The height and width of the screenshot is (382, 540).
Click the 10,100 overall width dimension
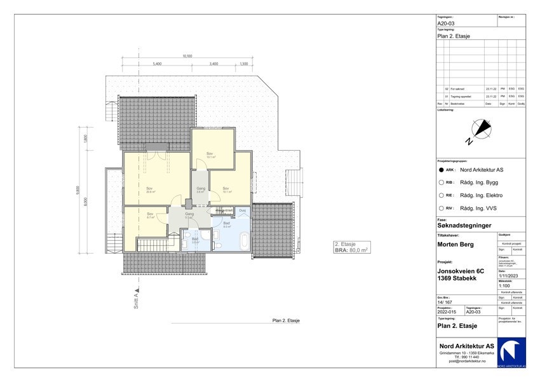(x=187, y=57)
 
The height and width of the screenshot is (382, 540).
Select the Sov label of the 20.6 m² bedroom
(x=150, y=188)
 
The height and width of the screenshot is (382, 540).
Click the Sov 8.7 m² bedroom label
(x=150, y=214)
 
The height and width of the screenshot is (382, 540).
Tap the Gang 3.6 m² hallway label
(x=199, y=189)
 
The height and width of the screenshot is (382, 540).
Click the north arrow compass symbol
(x=480, y=130)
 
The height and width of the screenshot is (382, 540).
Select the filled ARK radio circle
(x=441, y=170)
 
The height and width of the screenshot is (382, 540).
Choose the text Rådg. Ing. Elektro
(x=481, y=196)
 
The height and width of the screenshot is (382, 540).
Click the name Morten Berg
(x=456, y=244)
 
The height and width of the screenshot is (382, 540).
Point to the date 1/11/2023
(x=508, y=276)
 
